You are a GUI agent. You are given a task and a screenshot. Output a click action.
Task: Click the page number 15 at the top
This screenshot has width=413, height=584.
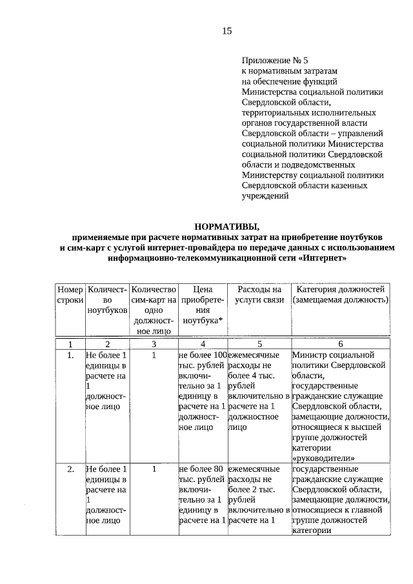[x=227, y=31]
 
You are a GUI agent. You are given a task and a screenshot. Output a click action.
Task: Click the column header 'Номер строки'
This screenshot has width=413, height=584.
[x=70, y=295]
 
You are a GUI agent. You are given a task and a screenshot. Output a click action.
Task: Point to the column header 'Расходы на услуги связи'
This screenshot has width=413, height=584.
[x=259, y=295]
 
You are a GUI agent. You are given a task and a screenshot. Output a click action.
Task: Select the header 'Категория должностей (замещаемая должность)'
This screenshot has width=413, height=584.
[x=340, y=295]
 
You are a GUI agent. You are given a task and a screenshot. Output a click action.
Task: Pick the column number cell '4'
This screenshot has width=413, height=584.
[x=203, y=345]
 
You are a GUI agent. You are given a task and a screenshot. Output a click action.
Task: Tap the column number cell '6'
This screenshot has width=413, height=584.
[x=340, y=345]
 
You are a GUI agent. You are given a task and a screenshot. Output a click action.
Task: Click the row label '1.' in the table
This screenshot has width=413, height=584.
[x=70, y=355]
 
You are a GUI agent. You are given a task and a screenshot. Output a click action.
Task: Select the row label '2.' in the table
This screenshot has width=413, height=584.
[x=70, y=469]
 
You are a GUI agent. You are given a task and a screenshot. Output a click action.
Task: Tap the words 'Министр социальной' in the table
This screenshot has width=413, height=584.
[x=333, y=355]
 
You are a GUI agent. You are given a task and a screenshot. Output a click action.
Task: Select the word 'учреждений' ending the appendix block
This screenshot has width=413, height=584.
[x=265, y=196]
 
